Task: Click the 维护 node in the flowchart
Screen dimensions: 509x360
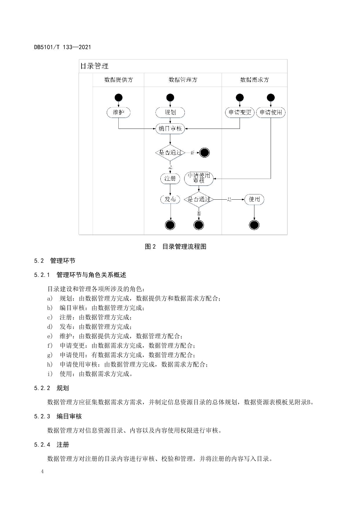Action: (x=118, y=112)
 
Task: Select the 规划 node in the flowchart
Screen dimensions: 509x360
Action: (x=170, y=112)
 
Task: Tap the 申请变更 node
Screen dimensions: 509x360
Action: (x=240, y=112)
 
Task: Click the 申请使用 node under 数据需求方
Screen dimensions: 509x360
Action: (x=271, y=112)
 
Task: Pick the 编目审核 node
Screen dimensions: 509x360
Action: (x=170, y=129)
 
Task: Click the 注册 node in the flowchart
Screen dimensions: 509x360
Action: (x=170, y=178)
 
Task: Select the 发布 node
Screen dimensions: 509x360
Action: (x=170, y=199)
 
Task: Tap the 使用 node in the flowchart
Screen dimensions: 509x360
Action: (x=254, y=199)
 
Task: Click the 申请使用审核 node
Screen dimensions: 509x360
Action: (x=199, y=178)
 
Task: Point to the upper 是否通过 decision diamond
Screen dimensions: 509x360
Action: (x=170, y=152)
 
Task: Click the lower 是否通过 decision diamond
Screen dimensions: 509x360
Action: (x=199, y=199)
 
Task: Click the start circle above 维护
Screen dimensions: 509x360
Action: (x=118, y=98)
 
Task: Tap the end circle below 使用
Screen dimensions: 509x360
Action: (x=254, y=225)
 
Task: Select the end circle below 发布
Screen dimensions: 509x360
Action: (x=170, y=225)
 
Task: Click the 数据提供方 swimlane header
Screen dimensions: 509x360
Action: (x=118, y=80)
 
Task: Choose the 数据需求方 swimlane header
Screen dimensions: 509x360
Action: (x=254, y=80)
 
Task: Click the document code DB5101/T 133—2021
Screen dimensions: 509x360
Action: (x=62, y=47)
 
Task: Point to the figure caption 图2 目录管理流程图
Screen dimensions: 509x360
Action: (x=176, y=247)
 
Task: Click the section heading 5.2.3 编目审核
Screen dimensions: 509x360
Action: (x=58, y=416)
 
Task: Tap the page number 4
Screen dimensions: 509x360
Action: (x=42, y=471)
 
